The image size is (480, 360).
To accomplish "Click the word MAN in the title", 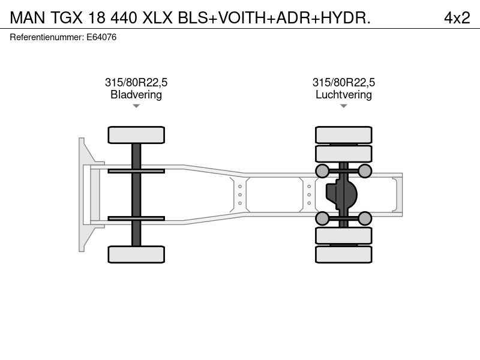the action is pos(28,18).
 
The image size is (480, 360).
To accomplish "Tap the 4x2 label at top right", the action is pos(457,18).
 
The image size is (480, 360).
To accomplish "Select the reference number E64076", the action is pos(101,37).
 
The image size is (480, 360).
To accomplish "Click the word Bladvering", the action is pos(136,95).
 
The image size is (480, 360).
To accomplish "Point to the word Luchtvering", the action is pos(344,95).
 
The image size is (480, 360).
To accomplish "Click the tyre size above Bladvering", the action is pos(136,82).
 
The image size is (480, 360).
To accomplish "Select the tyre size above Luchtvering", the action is pos(344,82).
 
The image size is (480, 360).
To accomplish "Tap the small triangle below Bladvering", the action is pos(136,106).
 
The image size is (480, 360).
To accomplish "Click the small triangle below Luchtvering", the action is pos(344,106).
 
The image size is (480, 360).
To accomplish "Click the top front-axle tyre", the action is pos(136,135).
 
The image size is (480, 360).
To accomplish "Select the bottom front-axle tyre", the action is pos(136,254).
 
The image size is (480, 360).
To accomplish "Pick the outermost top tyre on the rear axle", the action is pos(344,135).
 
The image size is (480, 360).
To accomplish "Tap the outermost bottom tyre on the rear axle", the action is pos(344,254).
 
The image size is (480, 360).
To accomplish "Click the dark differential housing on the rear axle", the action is pos(341,194).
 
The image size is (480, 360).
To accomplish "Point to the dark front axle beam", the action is pos(136,194).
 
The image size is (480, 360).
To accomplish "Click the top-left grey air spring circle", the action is pos(322,171).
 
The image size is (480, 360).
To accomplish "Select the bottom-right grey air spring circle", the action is pos(365,218).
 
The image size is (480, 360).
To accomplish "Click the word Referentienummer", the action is pos(47,37).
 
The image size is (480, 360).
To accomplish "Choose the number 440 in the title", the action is pos(124,18).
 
